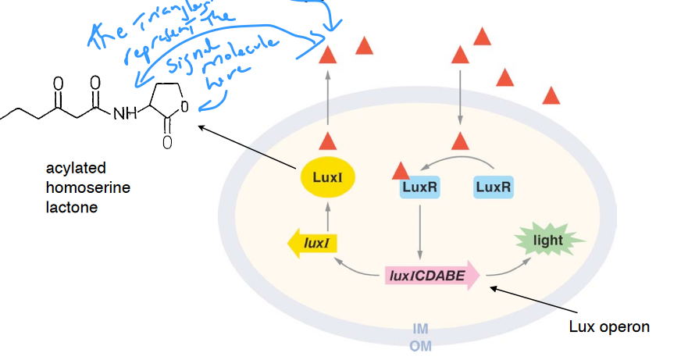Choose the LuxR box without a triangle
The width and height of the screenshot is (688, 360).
click(x=493, y=187)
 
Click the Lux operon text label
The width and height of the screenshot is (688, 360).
click(x=609, y=326)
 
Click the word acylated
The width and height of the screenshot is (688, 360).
click(x=76, y=168)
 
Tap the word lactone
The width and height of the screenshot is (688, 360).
click(x=71, y=207)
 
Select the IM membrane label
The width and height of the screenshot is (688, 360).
click(x=420, y=329)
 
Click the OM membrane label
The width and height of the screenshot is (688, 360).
click(x=420, y=345)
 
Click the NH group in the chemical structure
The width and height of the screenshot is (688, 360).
click(x=125, y=114)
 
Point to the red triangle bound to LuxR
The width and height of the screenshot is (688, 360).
click(x=401, y=169)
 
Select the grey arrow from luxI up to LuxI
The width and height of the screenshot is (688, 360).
click(x=328, y=215)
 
